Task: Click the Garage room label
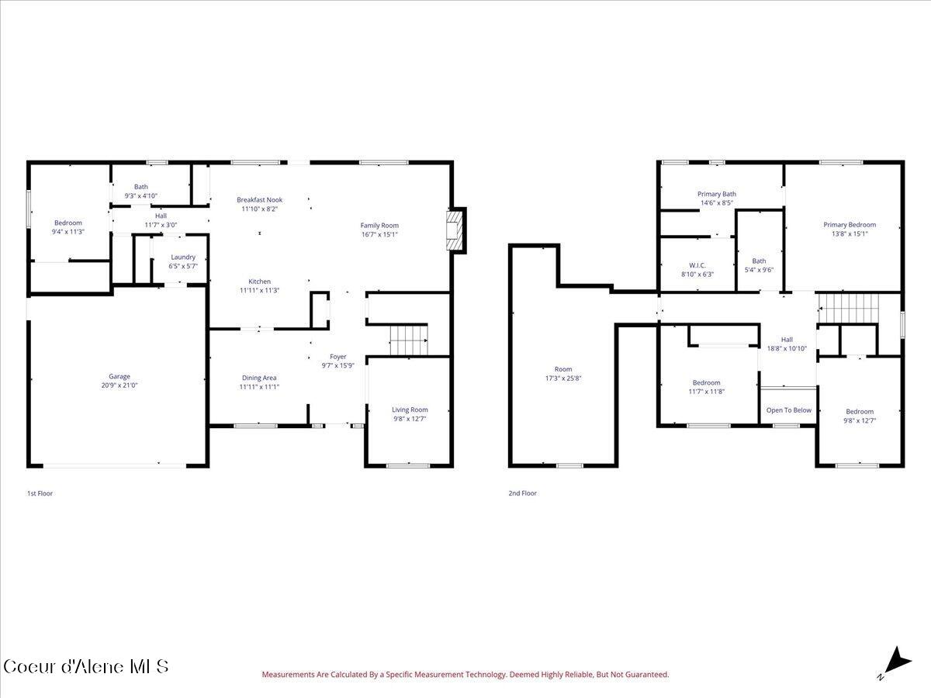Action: [119, 376]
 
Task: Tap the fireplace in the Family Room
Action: [455, 231]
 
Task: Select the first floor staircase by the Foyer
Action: [408, 340]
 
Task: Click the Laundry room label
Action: [184, 257]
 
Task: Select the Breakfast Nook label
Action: [259, 200]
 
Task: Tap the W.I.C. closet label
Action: [697, 265]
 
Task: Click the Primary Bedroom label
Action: [850, 225]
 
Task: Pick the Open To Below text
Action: [788, 410]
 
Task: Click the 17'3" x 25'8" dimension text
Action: [562, 378]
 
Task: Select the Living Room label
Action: [409, 409]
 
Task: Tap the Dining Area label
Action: [258, 378]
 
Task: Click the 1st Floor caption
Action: [40, 493]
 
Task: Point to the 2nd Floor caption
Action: [522, 493]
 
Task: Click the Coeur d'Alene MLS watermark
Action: [85, 666]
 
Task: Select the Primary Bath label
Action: [716, 194]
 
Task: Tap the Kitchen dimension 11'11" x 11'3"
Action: [259, 290]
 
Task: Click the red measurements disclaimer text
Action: [465, 675]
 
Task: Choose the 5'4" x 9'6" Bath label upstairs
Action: [759, 270]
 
